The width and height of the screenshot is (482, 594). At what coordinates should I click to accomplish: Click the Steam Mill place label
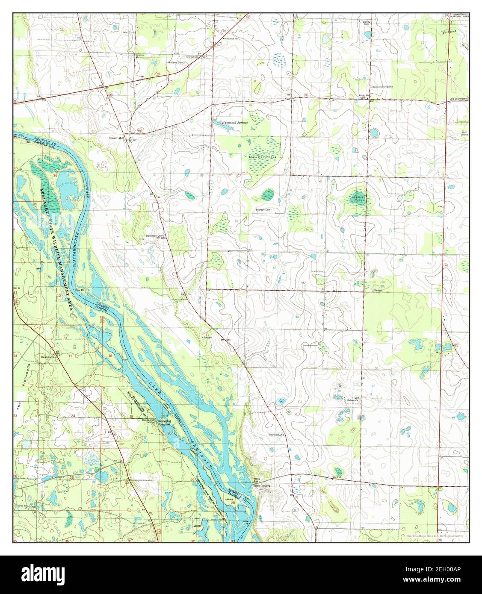(116, 138)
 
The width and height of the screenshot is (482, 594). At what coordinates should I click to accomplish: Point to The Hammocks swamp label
(263, 157)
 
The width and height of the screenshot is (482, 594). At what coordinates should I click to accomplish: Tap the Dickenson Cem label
(154, 236)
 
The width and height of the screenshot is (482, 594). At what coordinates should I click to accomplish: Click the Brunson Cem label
(263, 210)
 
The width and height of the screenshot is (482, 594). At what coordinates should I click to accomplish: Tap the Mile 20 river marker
(81, 290)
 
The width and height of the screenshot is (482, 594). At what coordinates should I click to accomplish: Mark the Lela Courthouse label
(459, 99)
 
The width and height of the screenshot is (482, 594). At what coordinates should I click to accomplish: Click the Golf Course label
(464, 133)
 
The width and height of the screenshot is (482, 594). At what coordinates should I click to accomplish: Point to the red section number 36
(55, 176)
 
